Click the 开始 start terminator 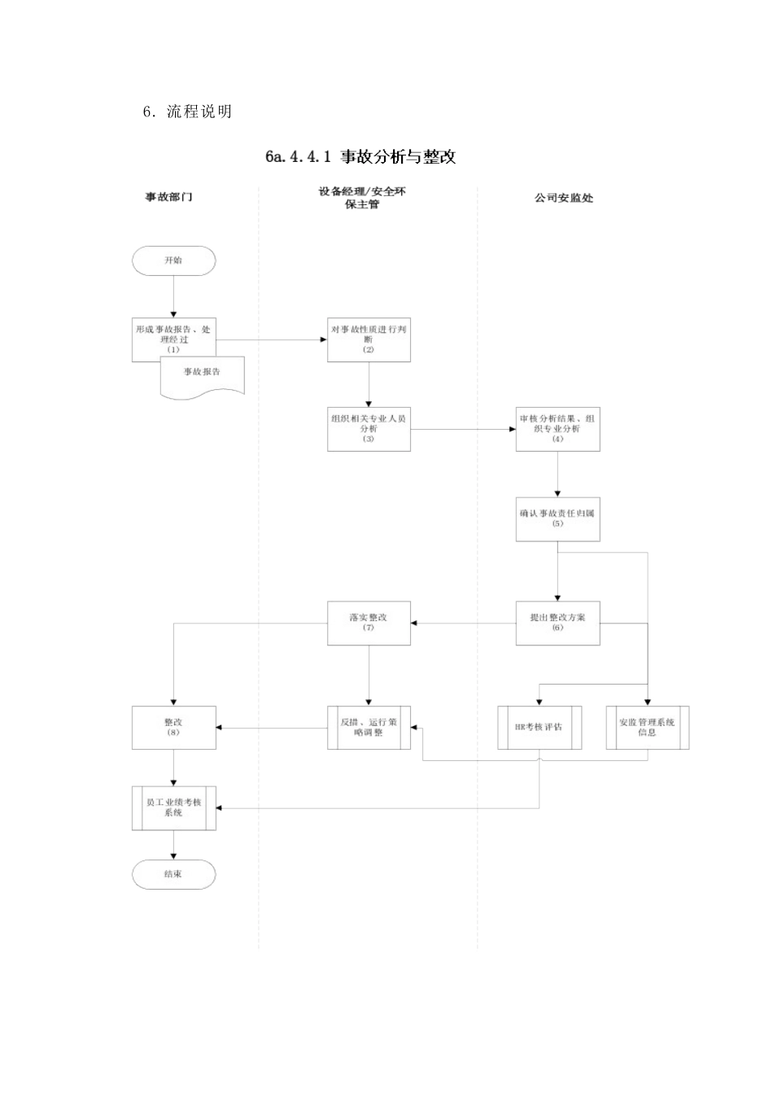173,260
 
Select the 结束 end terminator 173,874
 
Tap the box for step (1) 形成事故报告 173,335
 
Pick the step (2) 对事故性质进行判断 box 369,339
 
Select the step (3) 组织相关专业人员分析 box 369,428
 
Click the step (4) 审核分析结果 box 557,428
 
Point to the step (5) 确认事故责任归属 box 557,519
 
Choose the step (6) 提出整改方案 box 557,623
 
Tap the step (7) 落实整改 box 369,623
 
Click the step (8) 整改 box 173,727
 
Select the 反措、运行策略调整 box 369,727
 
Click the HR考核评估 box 539,727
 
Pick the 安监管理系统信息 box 647,727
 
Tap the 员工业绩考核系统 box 173,807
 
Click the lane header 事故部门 168,197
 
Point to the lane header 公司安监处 564,198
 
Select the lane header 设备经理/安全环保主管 362,198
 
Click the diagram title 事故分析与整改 360,157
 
